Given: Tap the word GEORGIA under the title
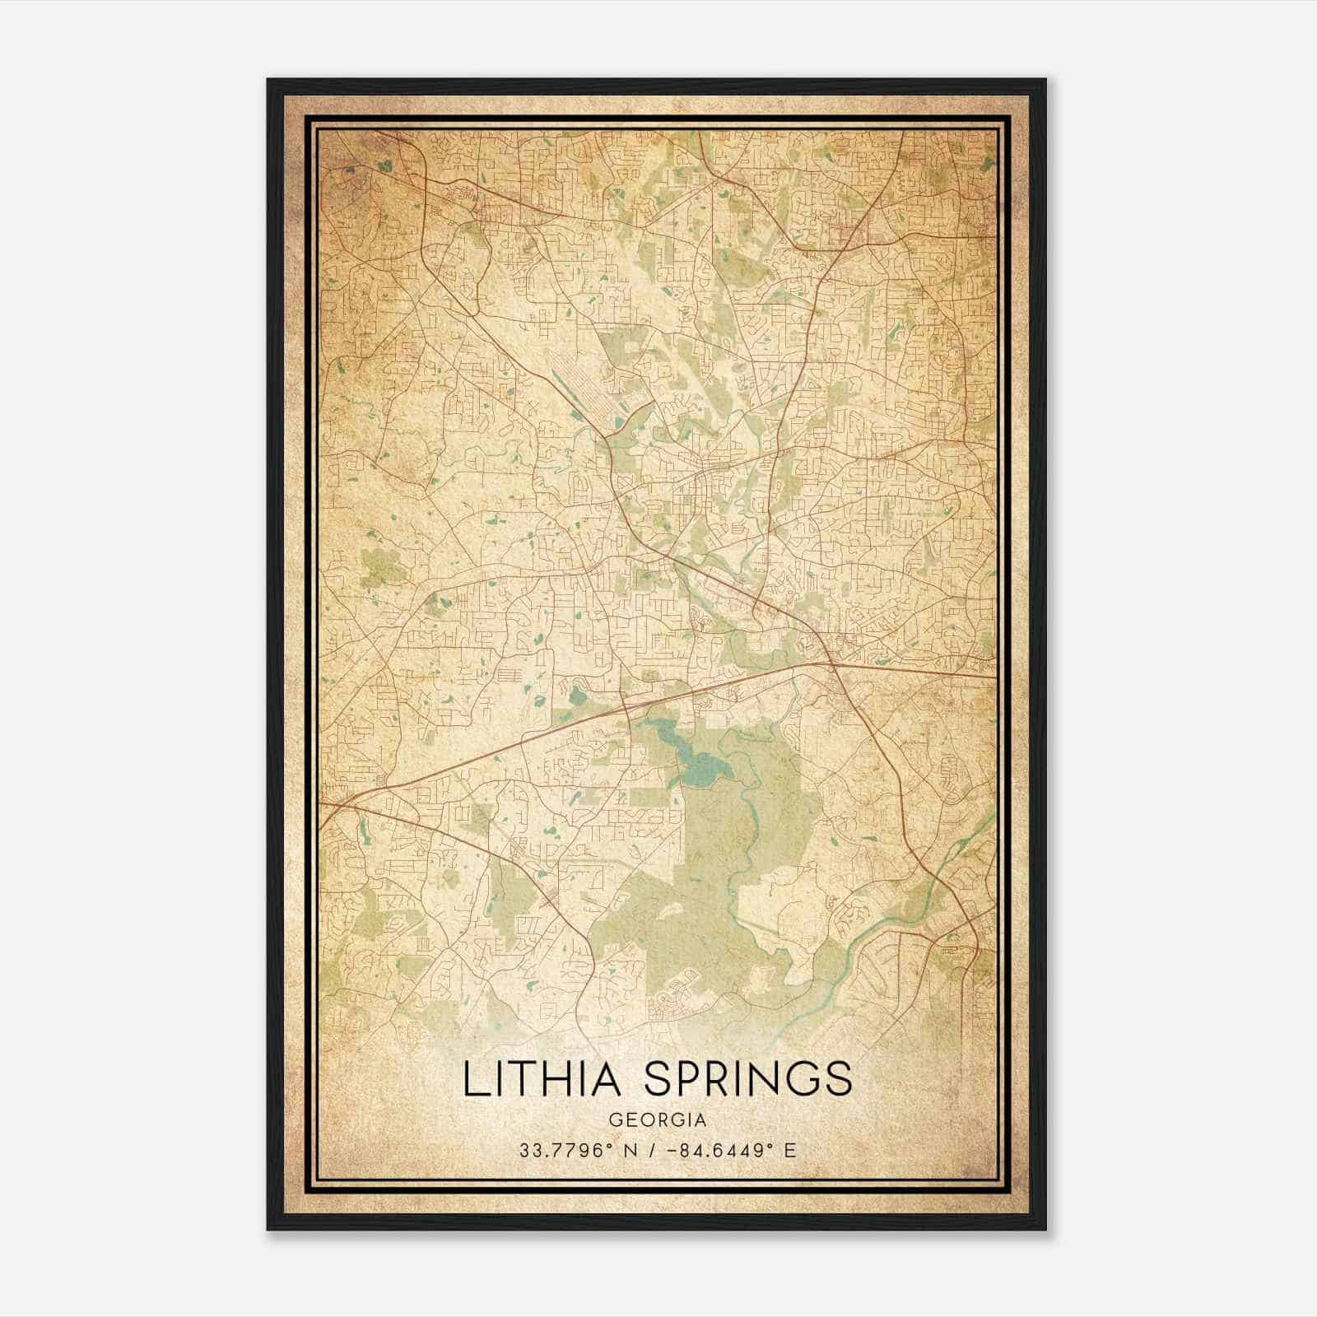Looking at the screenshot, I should coord(657,1120).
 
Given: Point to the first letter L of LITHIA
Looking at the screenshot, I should coord(472,1079).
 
